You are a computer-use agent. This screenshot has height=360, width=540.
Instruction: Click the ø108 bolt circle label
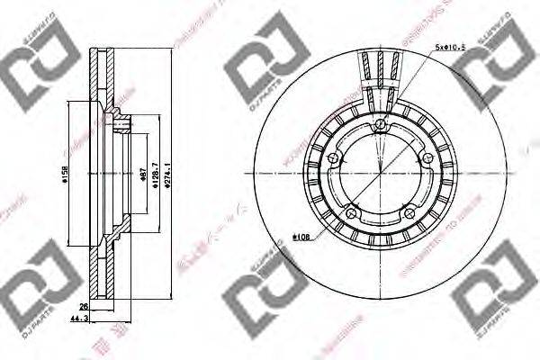pos(302,237)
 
